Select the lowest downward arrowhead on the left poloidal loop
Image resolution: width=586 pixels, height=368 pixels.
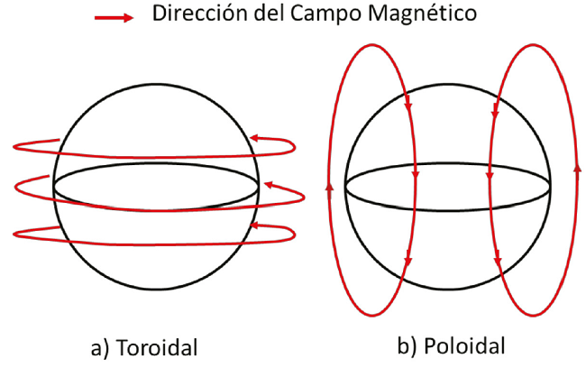click(x=409, y=262)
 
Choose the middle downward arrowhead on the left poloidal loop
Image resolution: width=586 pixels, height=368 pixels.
click(x=415, y=178)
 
